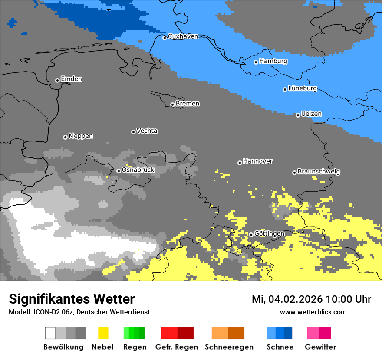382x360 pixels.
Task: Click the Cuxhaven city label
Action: point(183,36)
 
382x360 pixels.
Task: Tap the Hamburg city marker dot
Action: point(256,62)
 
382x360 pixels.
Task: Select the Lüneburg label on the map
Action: point(302,88)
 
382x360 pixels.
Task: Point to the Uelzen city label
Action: point(311,114)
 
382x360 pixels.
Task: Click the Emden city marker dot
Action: point(57,80)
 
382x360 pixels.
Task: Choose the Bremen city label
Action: point(188,104)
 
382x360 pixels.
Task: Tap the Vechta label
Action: point(147,131)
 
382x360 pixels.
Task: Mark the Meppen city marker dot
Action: point(65,137)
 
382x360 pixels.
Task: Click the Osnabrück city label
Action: point(138,170)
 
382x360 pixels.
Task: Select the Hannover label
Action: point(258,161)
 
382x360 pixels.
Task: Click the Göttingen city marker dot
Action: point(251,235)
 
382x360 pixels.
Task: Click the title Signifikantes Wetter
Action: point(72,299)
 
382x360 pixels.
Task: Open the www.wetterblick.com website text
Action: point(313,312)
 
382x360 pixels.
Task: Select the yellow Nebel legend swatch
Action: point(103,333)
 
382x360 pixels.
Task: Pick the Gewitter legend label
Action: point(320,347)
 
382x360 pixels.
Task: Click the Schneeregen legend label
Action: point(229,347)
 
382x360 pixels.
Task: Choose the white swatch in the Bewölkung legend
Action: point(50,333)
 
